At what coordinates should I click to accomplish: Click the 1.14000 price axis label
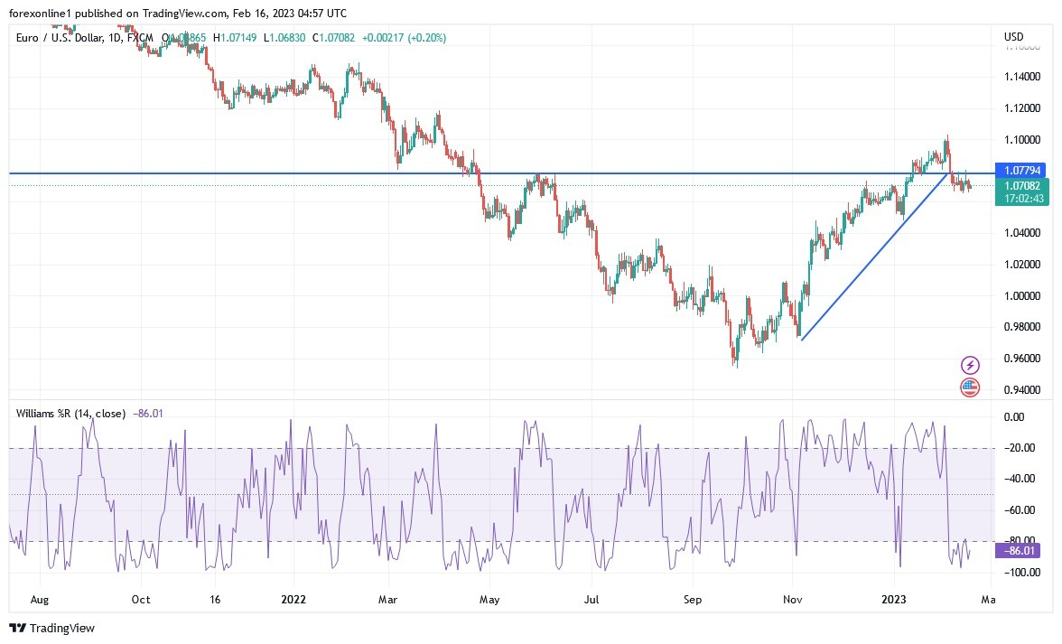[x=1021, y=77]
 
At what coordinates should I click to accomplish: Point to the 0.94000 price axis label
[x=1021, y=390]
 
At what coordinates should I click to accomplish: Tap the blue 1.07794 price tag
[x=1020, y=170]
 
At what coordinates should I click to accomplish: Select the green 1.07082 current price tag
[x=1020, y=185]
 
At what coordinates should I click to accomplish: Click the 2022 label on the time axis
[x=293, y=598]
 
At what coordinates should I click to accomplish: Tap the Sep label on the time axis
[x=692, y=598]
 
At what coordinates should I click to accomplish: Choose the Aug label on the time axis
[x=38, y=598]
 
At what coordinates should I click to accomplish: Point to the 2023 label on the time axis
[x=894, y=598]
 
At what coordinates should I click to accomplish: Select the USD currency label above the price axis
[x=1013, y=37]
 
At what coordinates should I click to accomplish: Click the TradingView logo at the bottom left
[x=51, y=628]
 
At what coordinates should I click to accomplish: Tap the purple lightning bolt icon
[x=969, y=365]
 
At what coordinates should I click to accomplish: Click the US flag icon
[x=969, y=387]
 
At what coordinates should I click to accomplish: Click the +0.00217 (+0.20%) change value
[x=404, y=38]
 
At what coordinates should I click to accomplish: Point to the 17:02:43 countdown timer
[x=1020, y=199]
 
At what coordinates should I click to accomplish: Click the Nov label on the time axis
[x=793, y=598]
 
